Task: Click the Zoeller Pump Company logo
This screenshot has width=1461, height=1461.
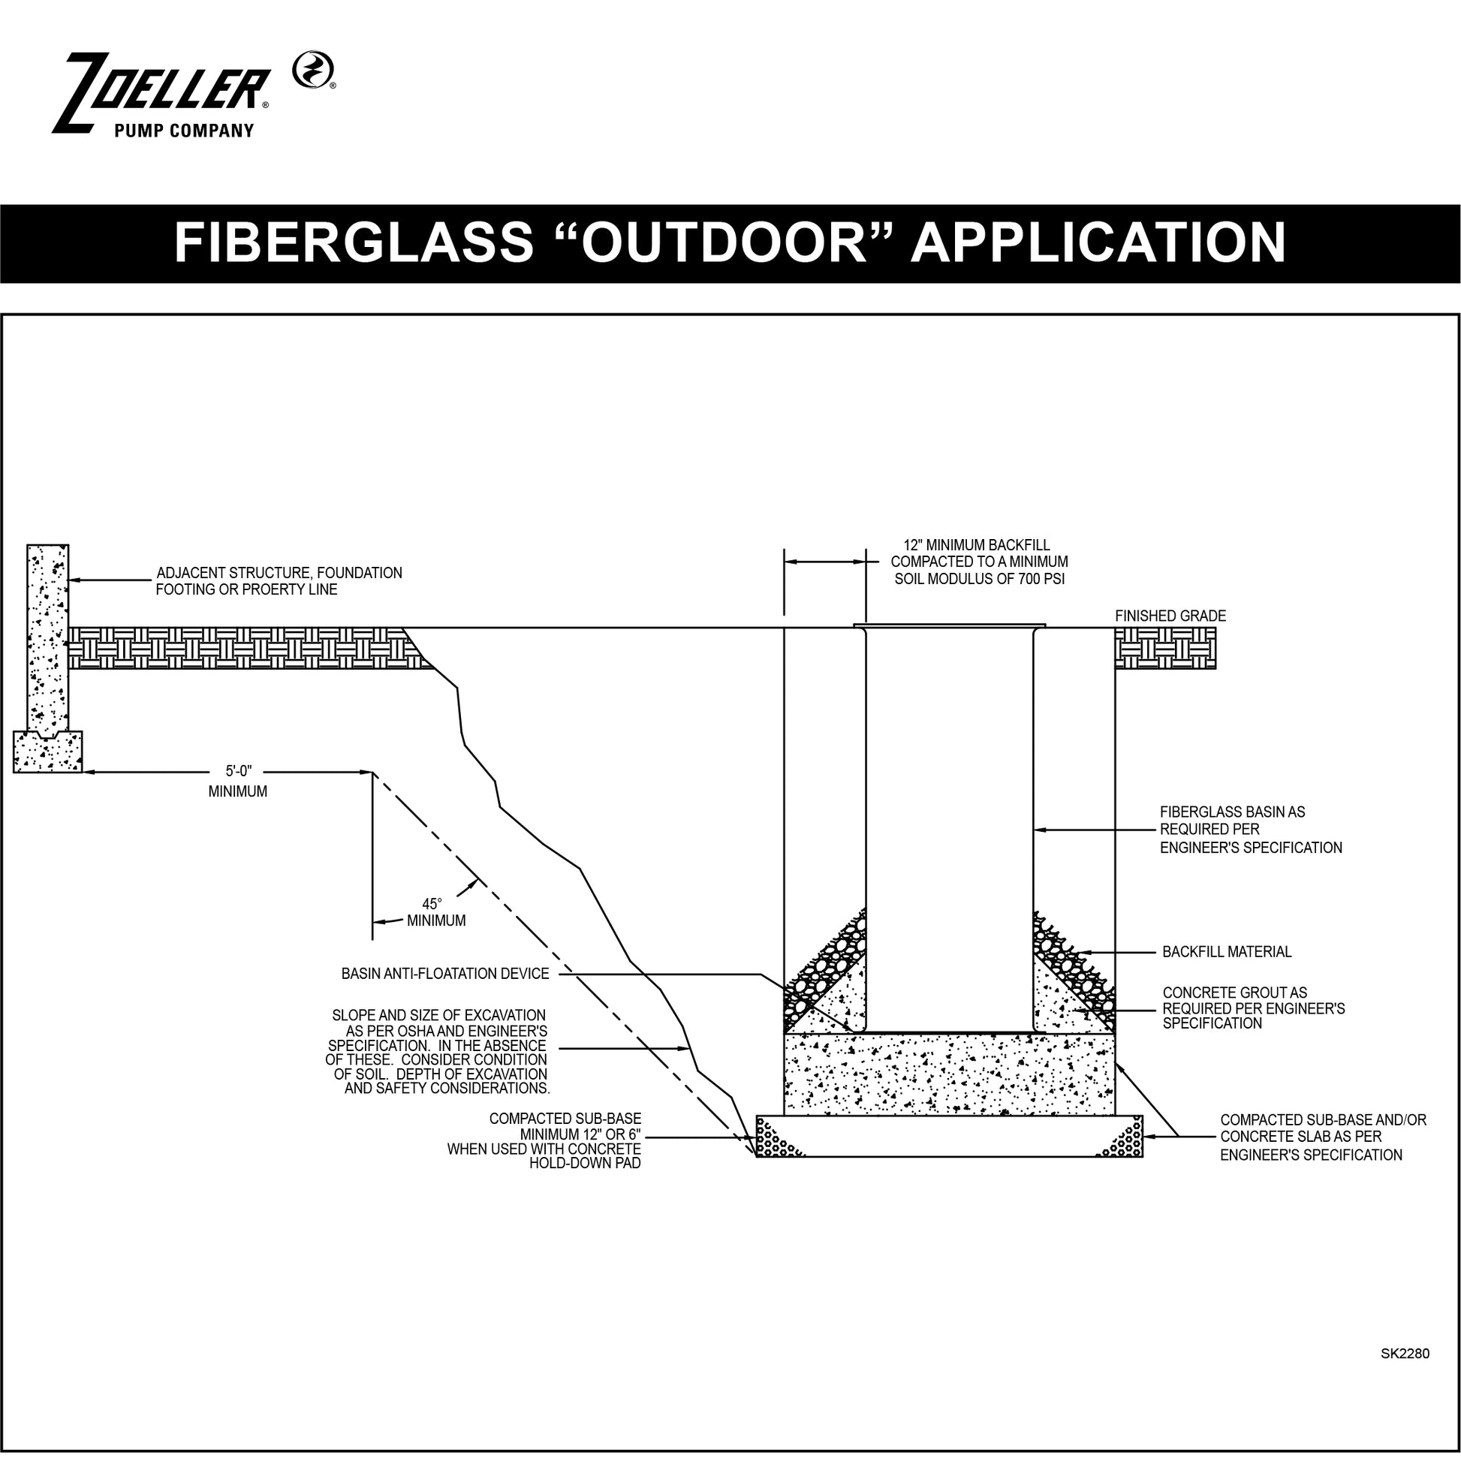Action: (194, 94)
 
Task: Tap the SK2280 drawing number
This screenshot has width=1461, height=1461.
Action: (1405, 1354)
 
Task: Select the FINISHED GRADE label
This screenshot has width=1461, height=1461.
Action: (1170, 616)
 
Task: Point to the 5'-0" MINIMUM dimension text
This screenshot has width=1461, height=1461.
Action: (238, 782)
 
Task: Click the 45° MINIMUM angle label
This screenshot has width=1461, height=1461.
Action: (435, 913)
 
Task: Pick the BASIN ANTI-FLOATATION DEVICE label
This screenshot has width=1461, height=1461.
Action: (445, 974)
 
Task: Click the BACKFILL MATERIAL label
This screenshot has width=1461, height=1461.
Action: (1228, 952)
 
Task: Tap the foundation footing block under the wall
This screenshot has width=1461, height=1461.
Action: (47, 752)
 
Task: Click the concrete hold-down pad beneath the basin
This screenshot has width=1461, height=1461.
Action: (949, 1074)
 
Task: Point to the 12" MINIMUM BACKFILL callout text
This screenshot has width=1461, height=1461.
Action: (979, 562)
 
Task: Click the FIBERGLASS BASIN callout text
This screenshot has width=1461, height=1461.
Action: (1251, 830)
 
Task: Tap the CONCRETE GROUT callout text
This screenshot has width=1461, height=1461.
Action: (1254, 1008)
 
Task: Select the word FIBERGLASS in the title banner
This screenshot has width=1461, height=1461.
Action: (354, 243)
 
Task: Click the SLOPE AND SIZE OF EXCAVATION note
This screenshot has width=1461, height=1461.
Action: (438, 1052)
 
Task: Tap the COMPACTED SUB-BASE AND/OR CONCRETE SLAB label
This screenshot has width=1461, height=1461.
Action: (1324, 1137)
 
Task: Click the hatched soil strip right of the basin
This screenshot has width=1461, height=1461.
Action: (1165, 651)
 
